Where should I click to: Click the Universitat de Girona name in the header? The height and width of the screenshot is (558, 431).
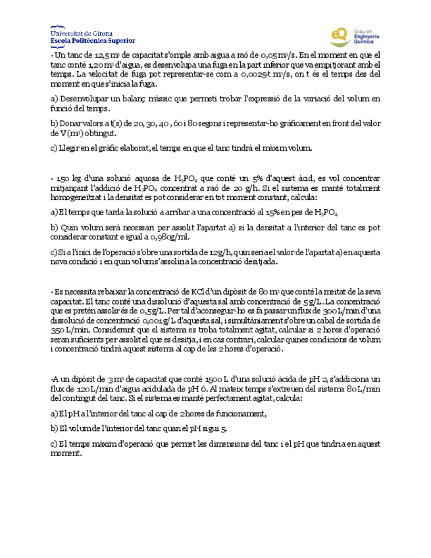click(81, 32)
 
